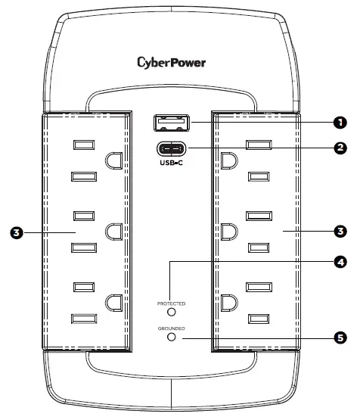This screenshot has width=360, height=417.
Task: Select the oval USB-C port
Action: (x=172, y=149)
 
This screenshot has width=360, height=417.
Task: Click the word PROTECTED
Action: (x=172, y=303)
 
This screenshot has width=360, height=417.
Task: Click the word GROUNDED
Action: (x=172, y=328)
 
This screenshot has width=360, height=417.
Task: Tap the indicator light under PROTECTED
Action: (x=172, y=311)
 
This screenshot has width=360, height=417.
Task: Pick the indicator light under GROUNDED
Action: (x=172, y=337)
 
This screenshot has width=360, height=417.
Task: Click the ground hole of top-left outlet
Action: (x=115, y=160)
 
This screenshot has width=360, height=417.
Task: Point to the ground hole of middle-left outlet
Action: (x=115, y=230)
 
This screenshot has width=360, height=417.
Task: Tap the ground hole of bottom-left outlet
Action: (x=115, y=302)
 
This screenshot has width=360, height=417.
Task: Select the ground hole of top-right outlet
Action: (x=228, y=160)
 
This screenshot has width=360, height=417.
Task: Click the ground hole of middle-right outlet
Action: (x=228, y=230)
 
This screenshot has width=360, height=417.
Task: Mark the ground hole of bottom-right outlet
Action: (x=228, y=302)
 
